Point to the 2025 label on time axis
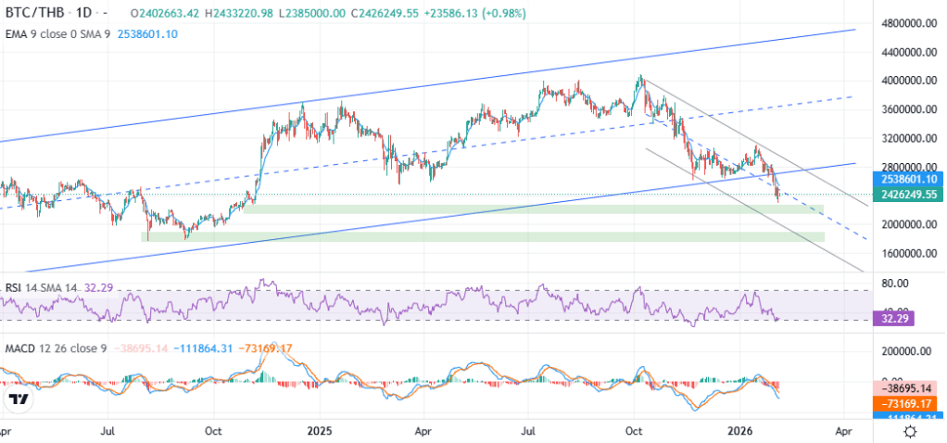(x=319, y=431)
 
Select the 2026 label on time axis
(x=739, y=431)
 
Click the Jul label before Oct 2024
(x=108, y=431)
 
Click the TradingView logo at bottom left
(x=18, y=400)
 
